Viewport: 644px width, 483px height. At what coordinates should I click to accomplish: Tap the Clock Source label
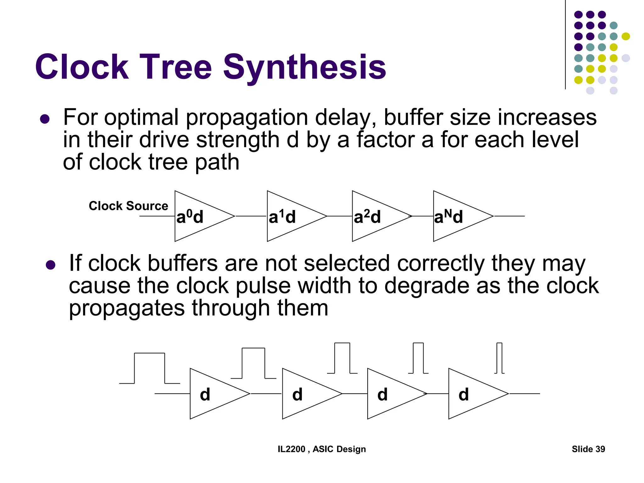(128, 206)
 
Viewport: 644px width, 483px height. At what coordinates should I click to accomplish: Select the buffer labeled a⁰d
(198, 216)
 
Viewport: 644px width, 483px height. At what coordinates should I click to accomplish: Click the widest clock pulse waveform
(149, 368)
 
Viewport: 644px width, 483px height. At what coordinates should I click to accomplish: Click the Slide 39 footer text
(588, 449)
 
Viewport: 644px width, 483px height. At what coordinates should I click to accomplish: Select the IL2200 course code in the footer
(291, 449)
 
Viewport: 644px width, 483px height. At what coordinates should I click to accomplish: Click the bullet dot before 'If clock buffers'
(50, 265)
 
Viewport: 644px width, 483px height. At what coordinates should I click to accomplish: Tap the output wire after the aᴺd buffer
(509, 216)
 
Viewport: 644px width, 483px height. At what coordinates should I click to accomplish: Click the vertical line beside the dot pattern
(565, 44)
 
